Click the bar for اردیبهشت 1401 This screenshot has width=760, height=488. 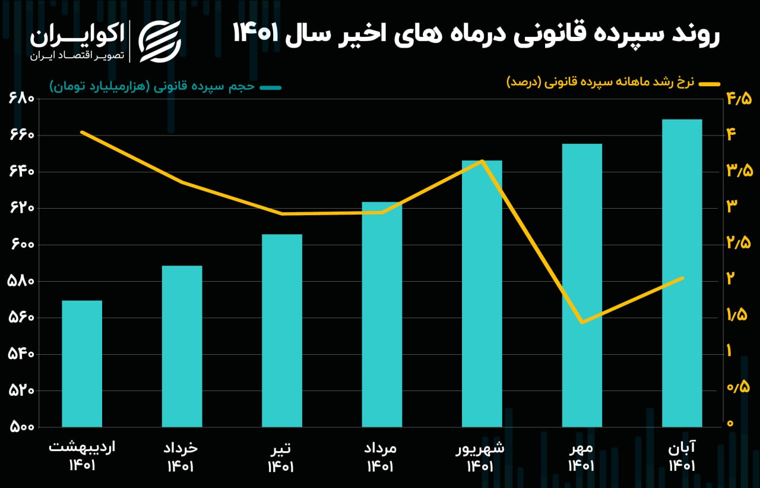click(x=82, y=363)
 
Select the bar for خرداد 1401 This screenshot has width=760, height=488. click(x=182, y=346)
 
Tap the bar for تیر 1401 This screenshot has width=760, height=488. click(x=282, y=330)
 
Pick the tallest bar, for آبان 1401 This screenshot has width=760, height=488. click(x=682, y=273)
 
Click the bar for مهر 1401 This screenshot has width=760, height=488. click(x=582, y=285)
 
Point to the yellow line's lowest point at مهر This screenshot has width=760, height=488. click(x=582, y=322)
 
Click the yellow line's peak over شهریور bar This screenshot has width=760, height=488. click(x=483, y=161)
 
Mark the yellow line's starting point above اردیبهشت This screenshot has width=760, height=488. click(x=82, y=132)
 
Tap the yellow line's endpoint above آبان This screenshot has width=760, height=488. click(x=683, y=278)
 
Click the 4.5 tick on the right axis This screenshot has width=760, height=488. click(x=739, y=99)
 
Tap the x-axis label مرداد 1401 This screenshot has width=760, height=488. click(x=381, y=456)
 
